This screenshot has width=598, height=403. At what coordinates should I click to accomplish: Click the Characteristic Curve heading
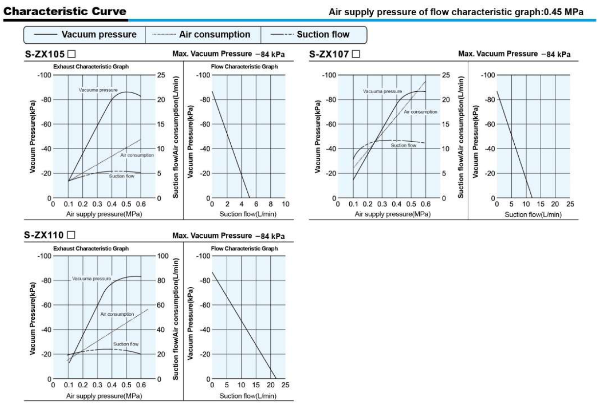tap(65, 11)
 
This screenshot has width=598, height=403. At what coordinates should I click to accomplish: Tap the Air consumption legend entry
tap(215, 35)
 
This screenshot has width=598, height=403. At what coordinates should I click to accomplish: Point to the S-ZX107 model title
tap(330, 54)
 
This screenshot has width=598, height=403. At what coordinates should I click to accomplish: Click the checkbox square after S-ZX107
tap(356, 54)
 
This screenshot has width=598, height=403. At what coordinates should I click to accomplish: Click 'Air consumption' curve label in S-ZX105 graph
tap(137, 155)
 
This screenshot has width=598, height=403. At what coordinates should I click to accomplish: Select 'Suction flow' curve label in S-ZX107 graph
tap(404, 145)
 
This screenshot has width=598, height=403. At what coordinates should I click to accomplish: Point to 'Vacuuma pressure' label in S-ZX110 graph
tap(92, 278)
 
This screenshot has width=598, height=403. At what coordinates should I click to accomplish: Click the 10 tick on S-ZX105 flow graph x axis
tap(286, 204)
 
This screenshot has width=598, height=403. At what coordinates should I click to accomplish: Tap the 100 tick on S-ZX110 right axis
tap(163, 256)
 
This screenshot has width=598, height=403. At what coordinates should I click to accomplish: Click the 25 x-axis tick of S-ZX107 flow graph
tap(570, 204)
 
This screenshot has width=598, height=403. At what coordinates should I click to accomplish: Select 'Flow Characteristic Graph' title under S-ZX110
tap(244, 249)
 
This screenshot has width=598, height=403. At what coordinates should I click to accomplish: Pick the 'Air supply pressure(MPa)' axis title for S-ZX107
tap(393, 214)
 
